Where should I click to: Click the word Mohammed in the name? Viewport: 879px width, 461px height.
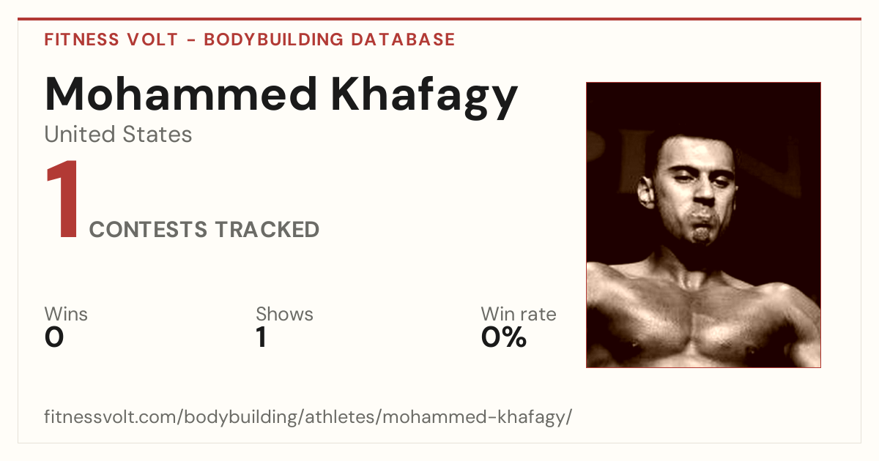(181, 94)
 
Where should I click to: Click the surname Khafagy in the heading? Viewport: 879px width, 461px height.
(425, 97)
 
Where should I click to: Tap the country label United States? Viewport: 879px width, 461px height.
(118, 134)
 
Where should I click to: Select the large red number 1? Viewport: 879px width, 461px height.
(63, 199)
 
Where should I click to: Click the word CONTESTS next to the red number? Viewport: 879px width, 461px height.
(148, 230)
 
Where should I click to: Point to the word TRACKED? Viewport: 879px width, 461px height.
(267, 230)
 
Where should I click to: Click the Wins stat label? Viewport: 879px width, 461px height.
(66, 314)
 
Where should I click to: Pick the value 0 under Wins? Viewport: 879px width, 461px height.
(54, 337)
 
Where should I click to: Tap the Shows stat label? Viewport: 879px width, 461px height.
(284, 314)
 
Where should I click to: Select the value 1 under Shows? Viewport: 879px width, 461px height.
(262, 337)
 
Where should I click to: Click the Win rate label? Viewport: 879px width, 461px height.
(519, 314)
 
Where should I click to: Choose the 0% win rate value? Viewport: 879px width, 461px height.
(504, 337)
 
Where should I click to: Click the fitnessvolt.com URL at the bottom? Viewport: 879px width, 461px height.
(308, 416)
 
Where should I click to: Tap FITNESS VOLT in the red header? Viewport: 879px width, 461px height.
(111, 40)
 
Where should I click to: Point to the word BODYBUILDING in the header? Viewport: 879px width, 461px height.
(274, 40)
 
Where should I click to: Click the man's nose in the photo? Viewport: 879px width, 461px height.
(705, 191)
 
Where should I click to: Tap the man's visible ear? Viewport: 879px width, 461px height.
(646, 192)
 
